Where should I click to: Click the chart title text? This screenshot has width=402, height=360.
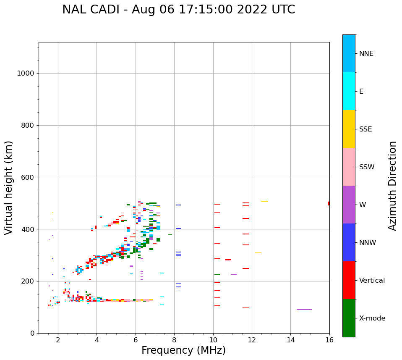tap(178, 10)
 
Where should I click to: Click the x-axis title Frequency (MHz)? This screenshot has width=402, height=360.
tap(183, 350)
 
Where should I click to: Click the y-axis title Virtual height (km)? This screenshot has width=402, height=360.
tap(9, 188)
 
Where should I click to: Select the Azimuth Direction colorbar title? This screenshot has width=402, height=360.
tap(392, 186)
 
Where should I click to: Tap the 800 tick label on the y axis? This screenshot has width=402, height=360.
tap(27, 125)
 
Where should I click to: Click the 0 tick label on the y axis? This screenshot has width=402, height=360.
tap(31, 333)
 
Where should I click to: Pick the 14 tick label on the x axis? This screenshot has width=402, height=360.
tap(290, 339)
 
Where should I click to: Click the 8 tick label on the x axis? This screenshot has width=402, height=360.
tap(174, 339)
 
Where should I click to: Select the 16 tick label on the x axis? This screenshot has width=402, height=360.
tap(329, 339)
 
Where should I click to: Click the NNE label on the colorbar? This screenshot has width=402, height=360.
tap(366, 54)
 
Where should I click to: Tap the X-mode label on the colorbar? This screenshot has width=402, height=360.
tap(372, 318)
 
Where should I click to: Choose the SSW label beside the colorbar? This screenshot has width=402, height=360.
tap(367, 167)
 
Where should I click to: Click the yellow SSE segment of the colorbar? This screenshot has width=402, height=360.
tap(349, 129)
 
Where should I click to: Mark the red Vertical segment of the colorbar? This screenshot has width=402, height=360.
tap(349, 280)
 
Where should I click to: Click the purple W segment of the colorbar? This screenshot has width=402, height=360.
tap(349, 205)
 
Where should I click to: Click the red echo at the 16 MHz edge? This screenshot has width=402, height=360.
tap(329, 203)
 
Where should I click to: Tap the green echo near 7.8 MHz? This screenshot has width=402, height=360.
tap(170, 235)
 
